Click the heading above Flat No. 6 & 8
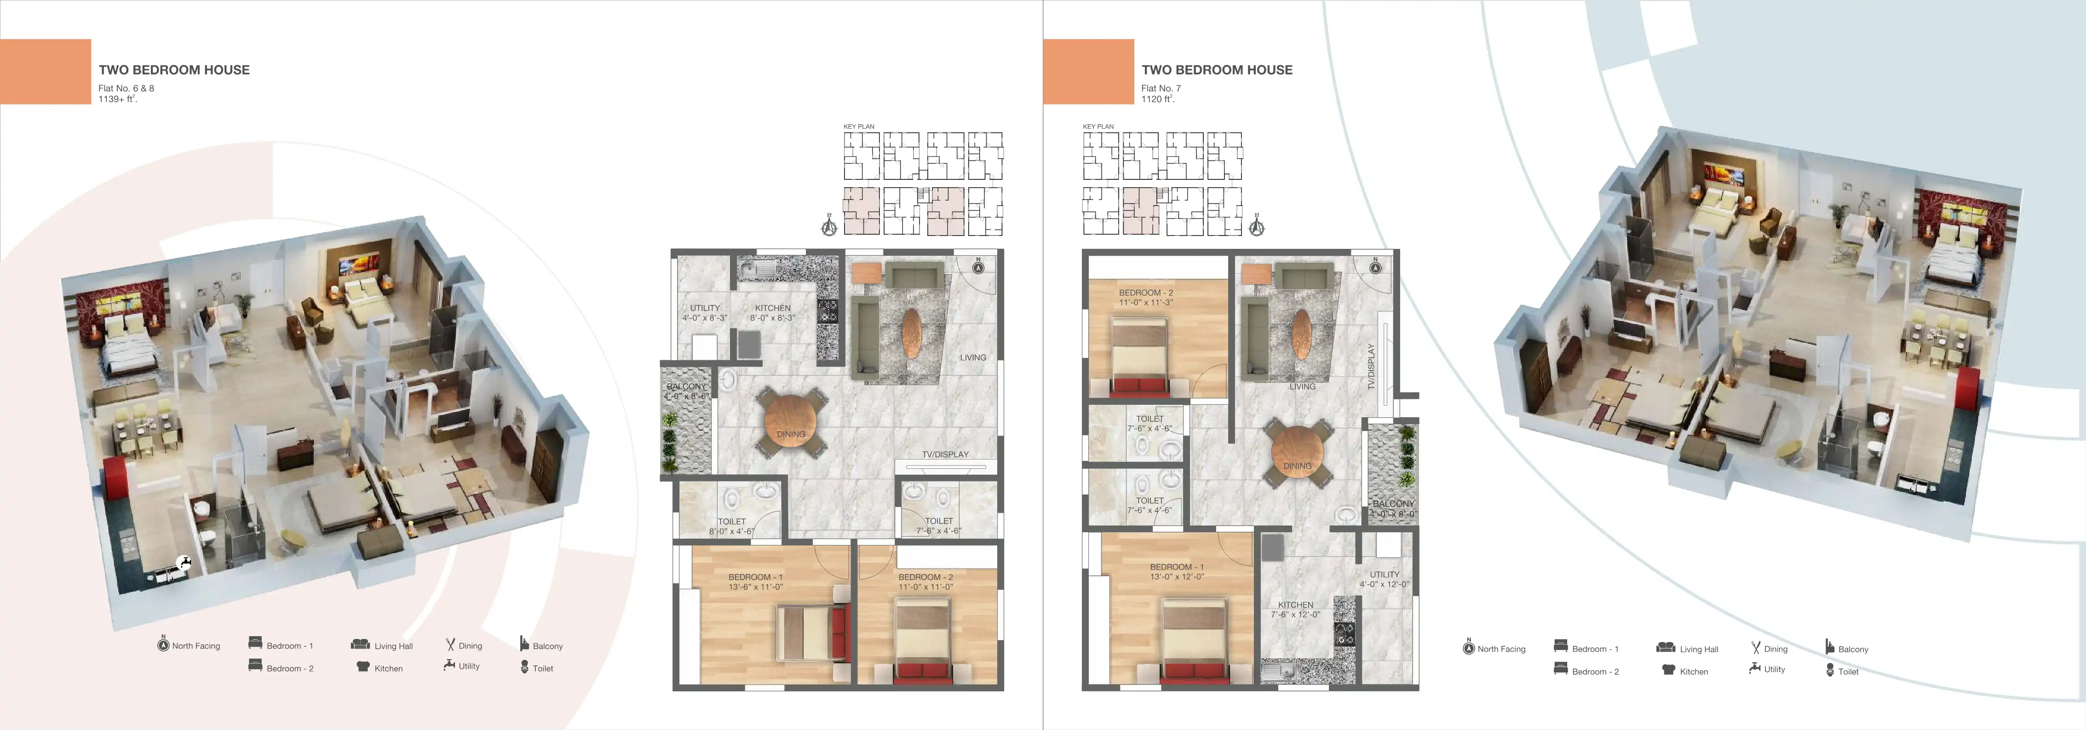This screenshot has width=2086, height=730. coord(174,69)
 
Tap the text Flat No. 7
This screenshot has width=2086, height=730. coord(1161,88)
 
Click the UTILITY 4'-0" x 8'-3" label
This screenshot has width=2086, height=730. coord(705,313)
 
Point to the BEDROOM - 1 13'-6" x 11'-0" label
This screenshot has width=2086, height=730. coord(756,582)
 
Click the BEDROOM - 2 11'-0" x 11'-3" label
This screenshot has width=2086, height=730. coord(1146,297)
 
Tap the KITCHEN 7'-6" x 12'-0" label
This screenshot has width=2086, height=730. coord(1296,609)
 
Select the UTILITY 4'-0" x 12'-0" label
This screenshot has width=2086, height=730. coord(1385,579)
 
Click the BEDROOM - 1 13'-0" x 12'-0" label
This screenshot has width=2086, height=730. coord(1177,572)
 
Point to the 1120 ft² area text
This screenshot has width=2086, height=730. coord(1158,99)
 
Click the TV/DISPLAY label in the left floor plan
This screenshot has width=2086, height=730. coord(945,454)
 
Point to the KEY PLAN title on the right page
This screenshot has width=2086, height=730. coord(1098,126)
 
